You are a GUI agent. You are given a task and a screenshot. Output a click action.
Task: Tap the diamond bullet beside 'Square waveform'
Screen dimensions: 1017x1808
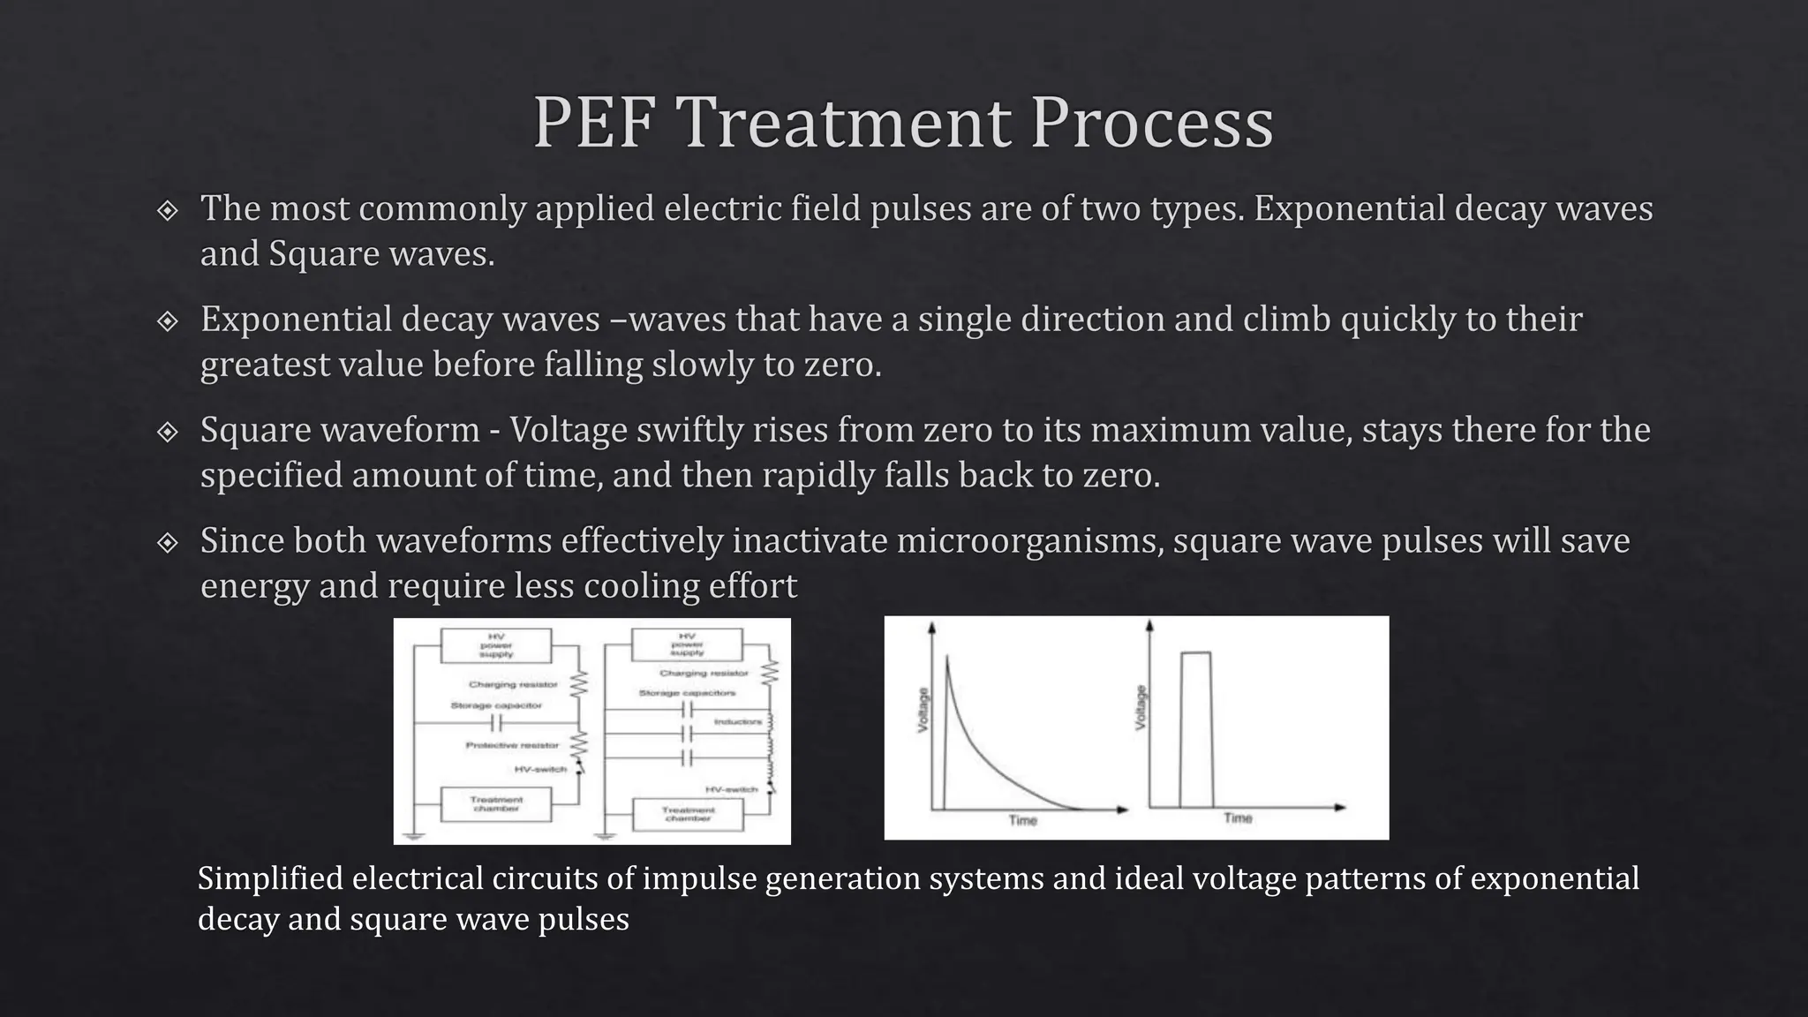pos(167,432)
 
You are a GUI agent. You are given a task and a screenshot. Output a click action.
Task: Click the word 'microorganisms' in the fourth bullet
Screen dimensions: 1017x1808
pos(1028,540)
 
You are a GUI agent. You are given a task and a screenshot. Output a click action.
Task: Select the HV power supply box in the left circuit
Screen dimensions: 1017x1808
pos(496,645)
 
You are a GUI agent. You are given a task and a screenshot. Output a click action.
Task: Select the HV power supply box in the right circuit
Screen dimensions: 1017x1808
pos(687,644)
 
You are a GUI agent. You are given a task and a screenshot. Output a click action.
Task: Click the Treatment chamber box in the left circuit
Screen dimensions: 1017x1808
pos(496,804)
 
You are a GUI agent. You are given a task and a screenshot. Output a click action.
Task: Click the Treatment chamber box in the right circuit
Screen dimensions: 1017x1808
pos(688,814)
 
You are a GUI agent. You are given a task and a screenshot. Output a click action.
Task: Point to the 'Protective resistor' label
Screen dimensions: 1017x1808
pos(512,746)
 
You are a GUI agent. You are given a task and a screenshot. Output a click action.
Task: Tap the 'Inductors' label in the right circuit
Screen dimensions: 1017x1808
pos(738,722)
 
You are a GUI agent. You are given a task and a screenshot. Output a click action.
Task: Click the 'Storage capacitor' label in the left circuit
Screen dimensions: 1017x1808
pos(496,705)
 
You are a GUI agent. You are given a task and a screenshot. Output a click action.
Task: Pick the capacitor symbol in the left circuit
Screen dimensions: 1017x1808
pos(496,724)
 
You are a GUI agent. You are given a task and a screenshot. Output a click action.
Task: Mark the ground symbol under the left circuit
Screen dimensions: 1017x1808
pos(415,834)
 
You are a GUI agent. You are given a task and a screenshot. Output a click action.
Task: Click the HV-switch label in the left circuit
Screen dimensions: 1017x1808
pos(540,769)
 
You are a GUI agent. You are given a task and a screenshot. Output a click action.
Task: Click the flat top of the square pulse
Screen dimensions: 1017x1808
pos(1196,652)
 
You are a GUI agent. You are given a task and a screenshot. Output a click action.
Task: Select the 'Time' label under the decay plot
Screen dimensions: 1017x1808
pos(1023,821)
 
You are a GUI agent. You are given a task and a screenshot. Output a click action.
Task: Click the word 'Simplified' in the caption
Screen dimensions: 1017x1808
pos(269,878)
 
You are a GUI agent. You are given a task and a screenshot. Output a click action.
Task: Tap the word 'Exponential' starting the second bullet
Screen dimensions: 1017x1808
pos(295,320)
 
